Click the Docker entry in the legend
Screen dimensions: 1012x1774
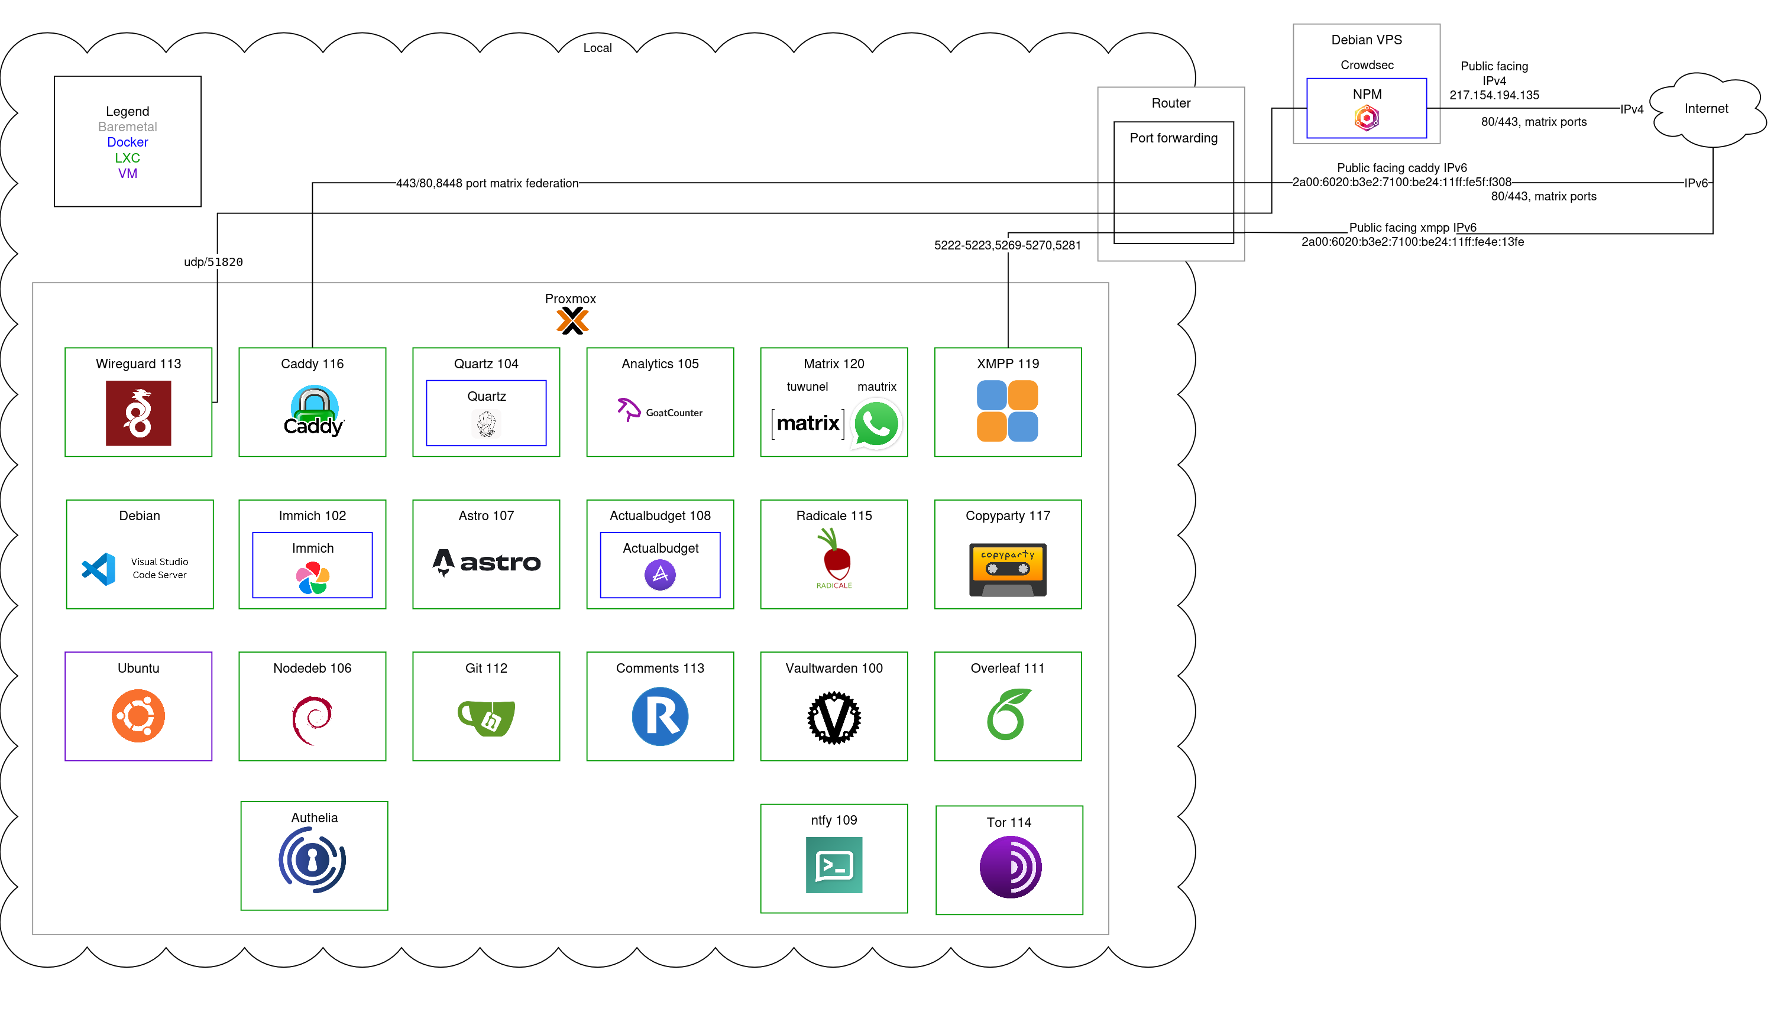click(127, 142)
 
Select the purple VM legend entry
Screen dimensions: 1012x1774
click(127, 173)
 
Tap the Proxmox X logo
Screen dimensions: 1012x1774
click(572, 320)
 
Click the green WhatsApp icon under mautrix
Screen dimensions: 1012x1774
click(876, 423)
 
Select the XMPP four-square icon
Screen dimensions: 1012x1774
click(1006, 411)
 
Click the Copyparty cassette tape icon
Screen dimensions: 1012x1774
click(1007, 569)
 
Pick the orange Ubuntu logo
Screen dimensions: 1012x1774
click(138, 716)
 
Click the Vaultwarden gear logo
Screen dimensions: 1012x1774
click(833, 717)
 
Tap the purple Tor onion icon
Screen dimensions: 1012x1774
click(1009, 867)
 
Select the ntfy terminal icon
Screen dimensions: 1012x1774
click(833, 865)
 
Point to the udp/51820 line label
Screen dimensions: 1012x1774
click(213, 262)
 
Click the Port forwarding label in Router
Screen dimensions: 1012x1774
click(1173, 138)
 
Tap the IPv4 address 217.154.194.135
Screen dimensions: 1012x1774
click(1493, 95)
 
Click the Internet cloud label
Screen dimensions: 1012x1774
click(1705, 108)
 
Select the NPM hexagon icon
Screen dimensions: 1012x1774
click(1366, 118)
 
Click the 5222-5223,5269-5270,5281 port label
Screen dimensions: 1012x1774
click(1006, 245)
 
